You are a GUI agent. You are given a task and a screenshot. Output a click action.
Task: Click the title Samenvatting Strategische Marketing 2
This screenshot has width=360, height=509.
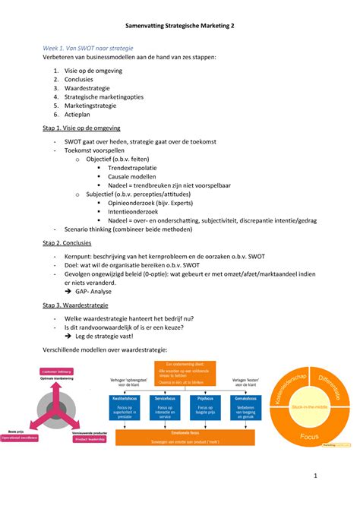point(179,26)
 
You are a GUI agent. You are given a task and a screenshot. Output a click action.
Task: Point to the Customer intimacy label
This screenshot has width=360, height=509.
point(57,371)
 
